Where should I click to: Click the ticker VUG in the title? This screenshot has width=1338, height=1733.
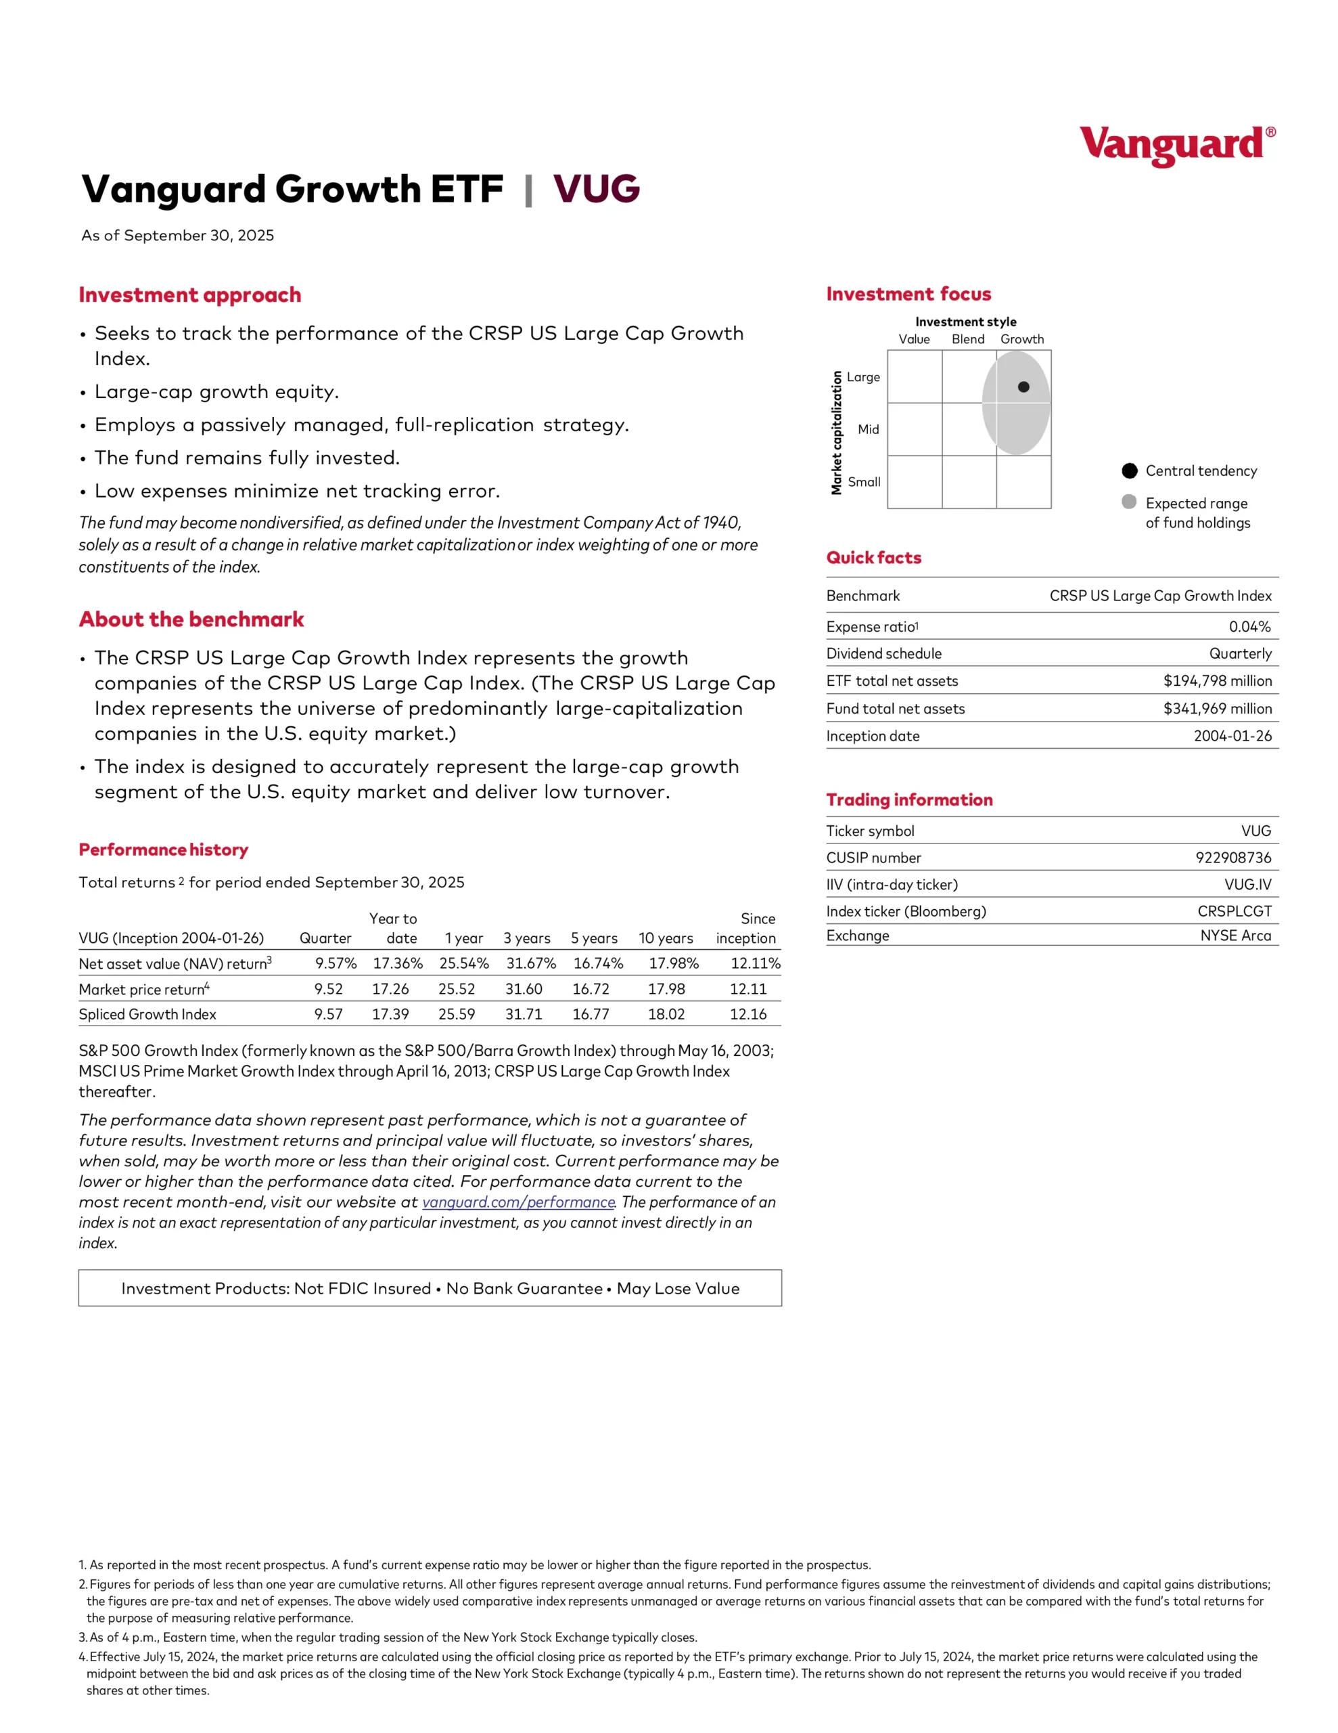coord(596,189)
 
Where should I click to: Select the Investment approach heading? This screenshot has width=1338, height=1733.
coord(189,295)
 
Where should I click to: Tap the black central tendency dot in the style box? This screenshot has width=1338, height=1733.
coord(1023,387)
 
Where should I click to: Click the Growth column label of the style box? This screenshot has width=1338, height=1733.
coord(1021,339)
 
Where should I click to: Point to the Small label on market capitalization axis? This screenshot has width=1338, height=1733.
coord(864,482)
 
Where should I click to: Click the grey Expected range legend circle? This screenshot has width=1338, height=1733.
coord(1128,502)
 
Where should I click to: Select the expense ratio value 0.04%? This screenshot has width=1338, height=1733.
coord(1249,627)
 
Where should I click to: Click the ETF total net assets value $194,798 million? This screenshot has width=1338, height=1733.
coord(1217,681)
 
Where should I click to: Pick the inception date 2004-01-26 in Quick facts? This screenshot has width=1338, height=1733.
coord(1232,737)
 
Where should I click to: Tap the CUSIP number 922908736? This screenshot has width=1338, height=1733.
coord(1232,858)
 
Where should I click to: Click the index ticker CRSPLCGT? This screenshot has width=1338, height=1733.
coord(1233,911)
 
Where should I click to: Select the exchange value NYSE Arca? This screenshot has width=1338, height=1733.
coord(1235,936)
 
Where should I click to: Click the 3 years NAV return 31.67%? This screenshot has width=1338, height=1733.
coord(530,963)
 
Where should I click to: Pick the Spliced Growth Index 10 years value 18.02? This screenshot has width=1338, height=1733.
coord(666,1014)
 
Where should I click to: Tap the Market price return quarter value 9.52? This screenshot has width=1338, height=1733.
coord(328,989)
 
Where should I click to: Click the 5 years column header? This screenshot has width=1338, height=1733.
coord(593,938)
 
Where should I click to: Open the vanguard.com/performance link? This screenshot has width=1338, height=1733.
coord(518,1202)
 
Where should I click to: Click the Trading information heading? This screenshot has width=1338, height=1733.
coord(909,800)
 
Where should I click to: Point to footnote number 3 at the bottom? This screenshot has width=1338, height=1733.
coord(83,1637)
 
